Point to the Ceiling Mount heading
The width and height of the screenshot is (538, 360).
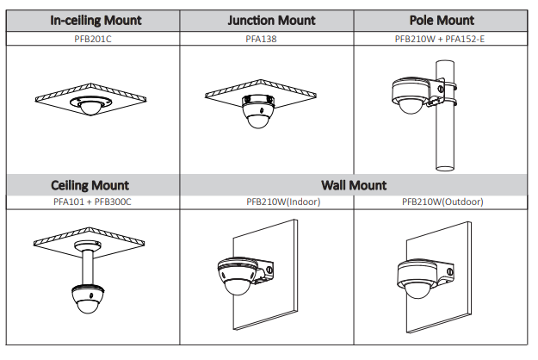[90, 185]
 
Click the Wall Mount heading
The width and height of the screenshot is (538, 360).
[354, 185]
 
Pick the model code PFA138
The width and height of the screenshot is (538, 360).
[266, 38]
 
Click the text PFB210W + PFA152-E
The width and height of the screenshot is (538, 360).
[440, 38]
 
